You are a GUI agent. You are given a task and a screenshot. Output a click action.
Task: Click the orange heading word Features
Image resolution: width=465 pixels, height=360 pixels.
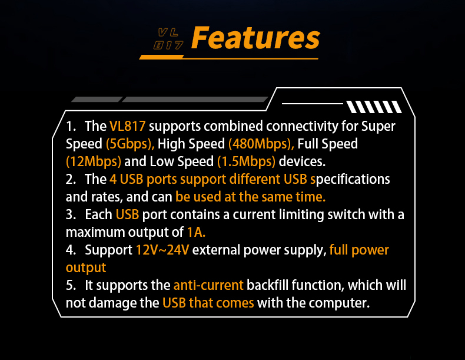click(x=255, y=38)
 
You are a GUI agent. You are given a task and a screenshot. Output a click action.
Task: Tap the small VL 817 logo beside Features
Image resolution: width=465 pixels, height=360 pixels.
click(x=168, y=38)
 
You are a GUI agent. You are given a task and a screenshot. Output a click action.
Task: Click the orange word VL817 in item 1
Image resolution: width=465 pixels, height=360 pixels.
click(x=128, y=126)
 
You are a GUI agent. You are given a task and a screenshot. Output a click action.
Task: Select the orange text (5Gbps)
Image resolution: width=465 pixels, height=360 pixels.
click(x=130, y=144)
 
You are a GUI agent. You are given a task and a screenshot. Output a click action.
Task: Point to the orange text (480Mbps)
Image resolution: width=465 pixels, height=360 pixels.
click(x=261, y=144)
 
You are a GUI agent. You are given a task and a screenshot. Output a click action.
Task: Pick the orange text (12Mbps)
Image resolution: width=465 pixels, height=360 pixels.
click(x=94, y=162)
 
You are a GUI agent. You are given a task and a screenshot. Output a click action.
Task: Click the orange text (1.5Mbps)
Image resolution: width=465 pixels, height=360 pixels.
click(x=246, y=162)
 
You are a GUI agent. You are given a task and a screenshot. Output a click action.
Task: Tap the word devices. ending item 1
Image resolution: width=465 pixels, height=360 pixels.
click(x=302, y=161)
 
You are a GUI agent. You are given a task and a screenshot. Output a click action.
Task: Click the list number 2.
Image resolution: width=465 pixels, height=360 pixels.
click(x=71, y=179)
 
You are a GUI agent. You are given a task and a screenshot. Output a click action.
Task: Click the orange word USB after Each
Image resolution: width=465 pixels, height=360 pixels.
click(x=127, y=214)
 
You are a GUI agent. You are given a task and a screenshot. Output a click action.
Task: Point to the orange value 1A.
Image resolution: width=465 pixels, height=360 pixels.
click(x=196, y=232)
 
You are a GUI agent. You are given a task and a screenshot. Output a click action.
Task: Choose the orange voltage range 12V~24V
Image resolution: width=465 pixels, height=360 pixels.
click(x=162, y=250)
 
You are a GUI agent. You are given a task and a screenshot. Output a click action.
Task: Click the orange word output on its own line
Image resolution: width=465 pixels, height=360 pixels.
click(x=86, y=268)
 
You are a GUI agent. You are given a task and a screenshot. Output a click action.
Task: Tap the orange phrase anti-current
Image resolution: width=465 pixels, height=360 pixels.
click(x=208, y=285)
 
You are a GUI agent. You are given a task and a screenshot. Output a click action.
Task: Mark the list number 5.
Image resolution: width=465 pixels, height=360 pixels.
click(x=71, y=286)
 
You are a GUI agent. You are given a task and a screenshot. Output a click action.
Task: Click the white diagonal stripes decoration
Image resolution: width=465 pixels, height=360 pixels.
click(x=374, y=107)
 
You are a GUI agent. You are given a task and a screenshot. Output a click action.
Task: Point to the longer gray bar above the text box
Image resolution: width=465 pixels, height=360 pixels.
click(x=195, y=99)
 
